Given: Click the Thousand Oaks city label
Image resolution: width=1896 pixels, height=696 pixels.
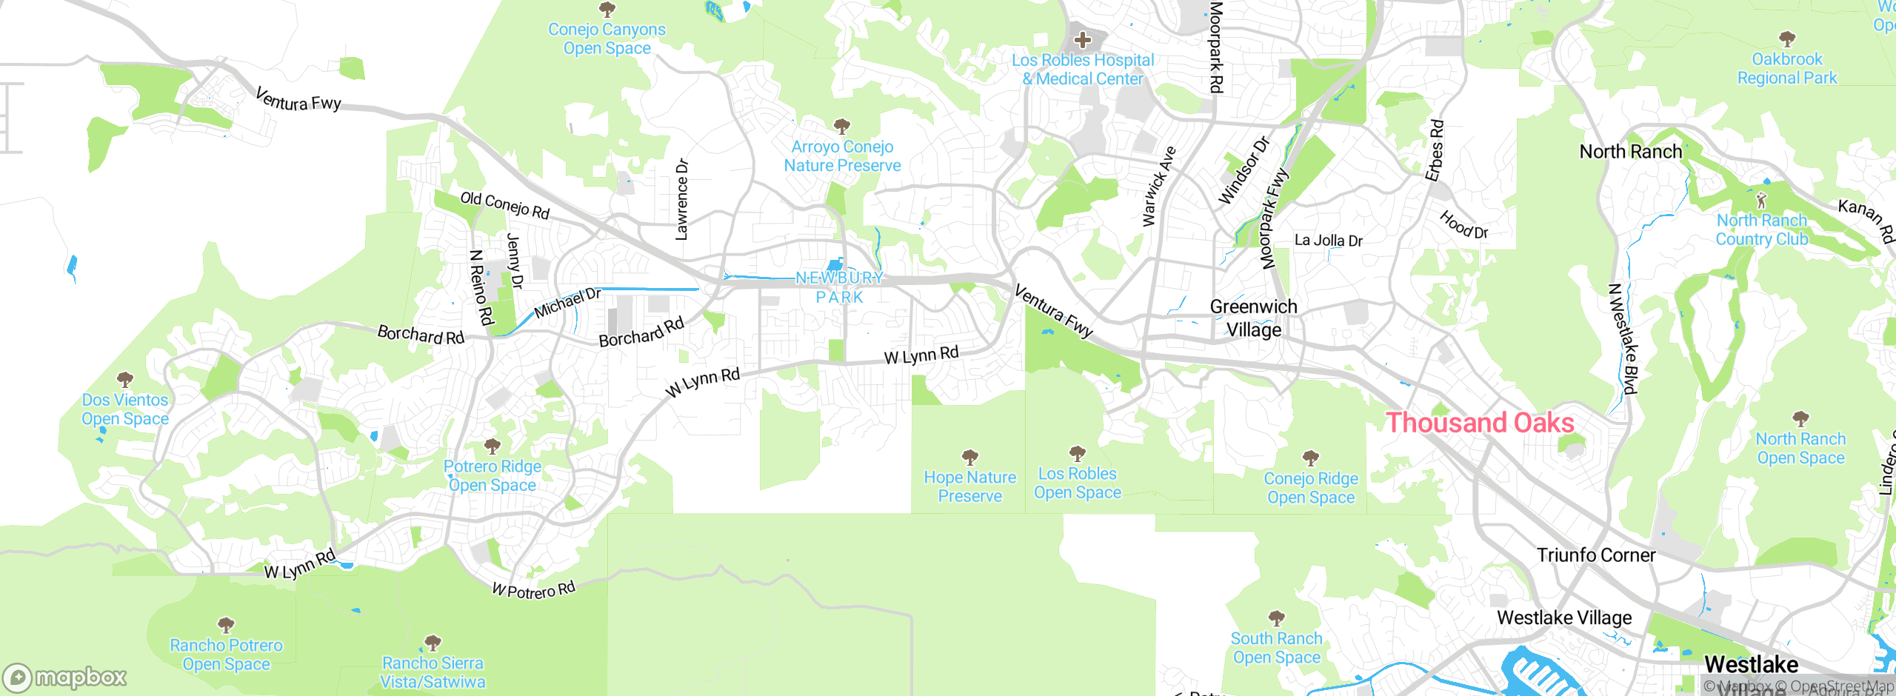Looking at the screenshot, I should point(1480,423).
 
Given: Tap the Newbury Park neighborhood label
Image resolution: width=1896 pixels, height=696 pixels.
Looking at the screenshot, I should point(839,287).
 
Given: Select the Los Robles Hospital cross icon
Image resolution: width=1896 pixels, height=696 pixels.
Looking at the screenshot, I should point(1083,39).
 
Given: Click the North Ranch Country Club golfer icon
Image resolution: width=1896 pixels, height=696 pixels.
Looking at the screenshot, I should point(1761,200).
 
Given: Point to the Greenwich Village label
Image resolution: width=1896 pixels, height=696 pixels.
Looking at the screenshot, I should point(1253,318).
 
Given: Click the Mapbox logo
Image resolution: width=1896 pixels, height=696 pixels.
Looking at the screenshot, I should point(65,677).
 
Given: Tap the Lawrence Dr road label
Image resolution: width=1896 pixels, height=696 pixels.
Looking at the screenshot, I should point(681,199).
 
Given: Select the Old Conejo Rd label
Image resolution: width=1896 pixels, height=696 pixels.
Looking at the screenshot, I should point(504,205).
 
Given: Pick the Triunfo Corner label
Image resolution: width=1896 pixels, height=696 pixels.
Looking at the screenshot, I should point(1595,555).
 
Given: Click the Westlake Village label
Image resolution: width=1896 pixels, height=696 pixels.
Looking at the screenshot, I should point(1564,618).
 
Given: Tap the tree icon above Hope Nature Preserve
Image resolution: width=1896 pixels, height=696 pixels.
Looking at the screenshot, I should point(969,457).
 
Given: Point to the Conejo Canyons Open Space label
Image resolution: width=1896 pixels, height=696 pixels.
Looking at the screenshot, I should point(607,39).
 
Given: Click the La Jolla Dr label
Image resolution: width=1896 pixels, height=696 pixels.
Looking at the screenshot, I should point(1328,241).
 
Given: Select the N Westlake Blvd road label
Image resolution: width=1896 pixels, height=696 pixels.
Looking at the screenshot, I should point(1623,338).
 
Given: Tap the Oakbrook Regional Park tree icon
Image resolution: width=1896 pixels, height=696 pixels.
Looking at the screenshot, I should point(1786,39).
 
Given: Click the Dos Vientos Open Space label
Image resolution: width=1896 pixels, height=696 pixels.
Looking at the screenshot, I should point(125,409).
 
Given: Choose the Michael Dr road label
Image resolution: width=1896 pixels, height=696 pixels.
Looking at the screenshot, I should point(567,303).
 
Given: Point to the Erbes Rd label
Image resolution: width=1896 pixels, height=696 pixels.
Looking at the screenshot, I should point(1435,150).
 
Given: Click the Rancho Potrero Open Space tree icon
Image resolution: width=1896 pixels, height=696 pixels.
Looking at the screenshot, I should point(226,625).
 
